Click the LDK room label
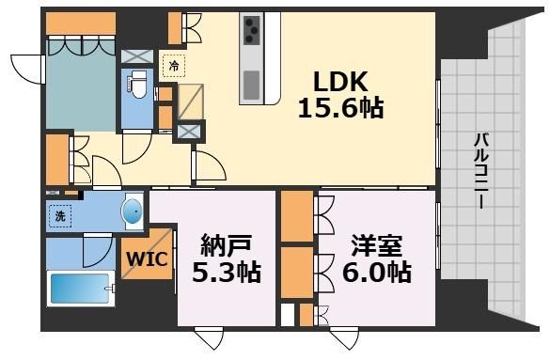click(x=340, y=82)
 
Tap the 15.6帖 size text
click(x=340, y=107)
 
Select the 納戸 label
click(x=227, y=246)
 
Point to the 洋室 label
click(x=377, y=246)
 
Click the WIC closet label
click(x=147, y=259)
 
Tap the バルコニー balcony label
click(x=481, y=171)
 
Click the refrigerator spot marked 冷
click(x=174, y=66)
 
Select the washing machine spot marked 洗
click(x=60, y=216)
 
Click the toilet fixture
click(x=138, y=85)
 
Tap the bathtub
click(x=80, y=289)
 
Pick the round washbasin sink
click(x=132, y=211)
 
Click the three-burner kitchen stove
click(x=252, y=30)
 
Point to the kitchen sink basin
click(x=252, y=85)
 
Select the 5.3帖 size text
click(x=227, y=273)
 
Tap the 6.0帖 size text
click(x=377, y=273)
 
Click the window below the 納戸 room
click(x=209, y=337)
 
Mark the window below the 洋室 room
click(x=344, y=337)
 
